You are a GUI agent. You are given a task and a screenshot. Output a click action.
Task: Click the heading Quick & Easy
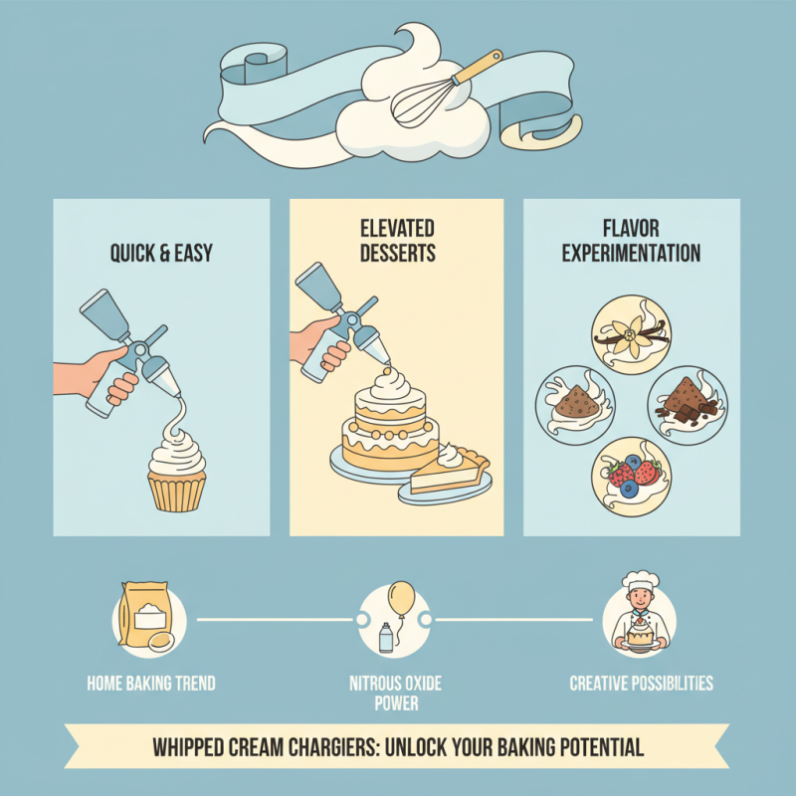point(161,254)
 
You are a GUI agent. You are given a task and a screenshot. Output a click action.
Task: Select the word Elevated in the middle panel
point(396,230)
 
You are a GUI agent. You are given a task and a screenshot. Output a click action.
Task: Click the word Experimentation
point(631,254)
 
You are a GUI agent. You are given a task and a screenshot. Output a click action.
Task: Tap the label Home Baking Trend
point(151,684)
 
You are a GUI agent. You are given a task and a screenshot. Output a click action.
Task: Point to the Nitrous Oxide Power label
point(395,694)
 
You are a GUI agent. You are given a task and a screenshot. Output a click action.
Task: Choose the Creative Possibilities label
point(641,684)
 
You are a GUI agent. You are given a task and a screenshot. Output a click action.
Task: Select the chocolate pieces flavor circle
point(687,403)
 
